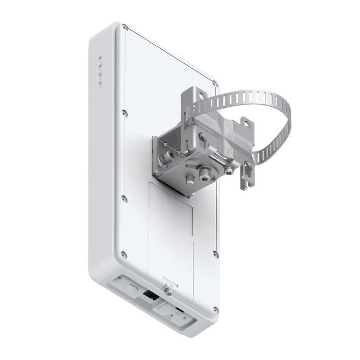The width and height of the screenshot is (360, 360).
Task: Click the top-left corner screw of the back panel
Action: pyautogui.click(x=124, y=27)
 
